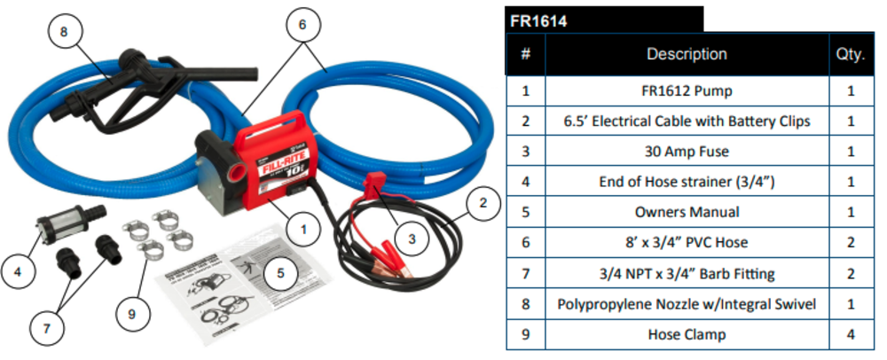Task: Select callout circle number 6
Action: pos(302,26)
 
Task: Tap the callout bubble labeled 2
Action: pos(482,206)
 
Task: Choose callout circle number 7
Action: pos(48,329)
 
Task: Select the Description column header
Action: pos(687,54)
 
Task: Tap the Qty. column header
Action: pos(850,54)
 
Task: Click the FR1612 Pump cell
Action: pos(687,90)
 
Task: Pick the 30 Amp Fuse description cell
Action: pos(687,152)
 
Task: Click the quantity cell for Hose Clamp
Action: pos(850,335)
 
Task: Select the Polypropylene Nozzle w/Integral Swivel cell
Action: pos(687,304)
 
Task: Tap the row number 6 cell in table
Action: pos(525,243)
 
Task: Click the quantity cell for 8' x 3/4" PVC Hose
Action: pos(850,243)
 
